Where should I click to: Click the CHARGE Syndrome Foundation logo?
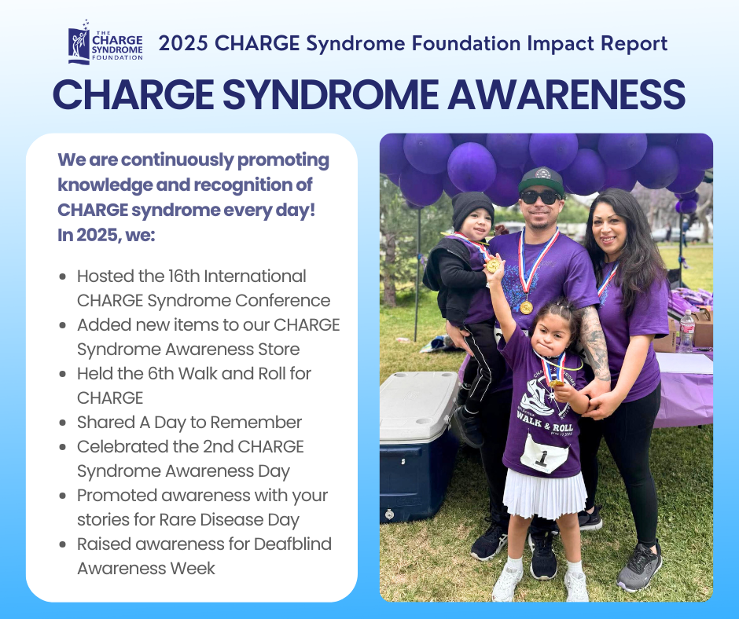pos(105,42)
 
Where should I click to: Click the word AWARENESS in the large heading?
pos(566,95)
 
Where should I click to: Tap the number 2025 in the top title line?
pos(183,43)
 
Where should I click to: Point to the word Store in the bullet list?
pos(279,349)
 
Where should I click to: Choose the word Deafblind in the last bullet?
pos(292,544)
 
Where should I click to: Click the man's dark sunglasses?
pos(540,197)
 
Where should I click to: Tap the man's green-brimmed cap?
pos(541,179)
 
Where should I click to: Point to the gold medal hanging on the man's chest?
pos(527,308)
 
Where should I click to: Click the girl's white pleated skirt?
pos(544,493)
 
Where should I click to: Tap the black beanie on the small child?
pos(472,210)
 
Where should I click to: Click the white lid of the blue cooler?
pos(418,405)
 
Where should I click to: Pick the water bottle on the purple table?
pos(686,331)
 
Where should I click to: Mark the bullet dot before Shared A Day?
pos(63,423)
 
